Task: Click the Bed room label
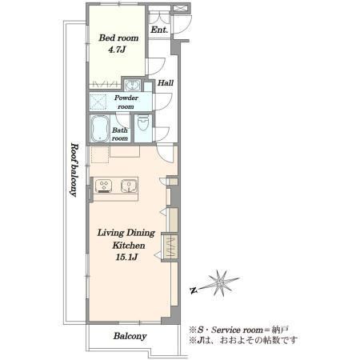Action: click(x=118, y=38)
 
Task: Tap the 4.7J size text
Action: click(x=117, y=50)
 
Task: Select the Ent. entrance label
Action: click(x=159, y=30)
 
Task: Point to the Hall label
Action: click(x=166, y=83)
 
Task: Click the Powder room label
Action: click(x=126, y=102)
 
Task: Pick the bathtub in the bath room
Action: click(x=100, y=129)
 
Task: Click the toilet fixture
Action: click(x=143, y=123)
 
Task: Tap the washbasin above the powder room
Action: click(x=132, y=86)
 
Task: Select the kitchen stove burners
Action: click(x=104, y=186)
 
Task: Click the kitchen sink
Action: click(x=129, y=186)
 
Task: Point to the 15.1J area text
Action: click(x=127, y=257)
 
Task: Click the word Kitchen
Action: click(x=129, y=246)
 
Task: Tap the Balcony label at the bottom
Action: click(x=130, y=336)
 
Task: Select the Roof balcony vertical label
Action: click(x=74, y=170)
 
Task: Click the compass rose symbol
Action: click(x=220, y=283)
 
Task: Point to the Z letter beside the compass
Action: click(x=193, y=290)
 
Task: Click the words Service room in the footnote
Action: click(x=237, y=330)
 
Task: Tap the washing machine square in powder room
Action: click(x=98, y=102)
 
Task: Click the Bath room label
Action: click(x=120, y=134)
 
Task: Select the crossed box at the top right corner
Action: click(x=180, y=8)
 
